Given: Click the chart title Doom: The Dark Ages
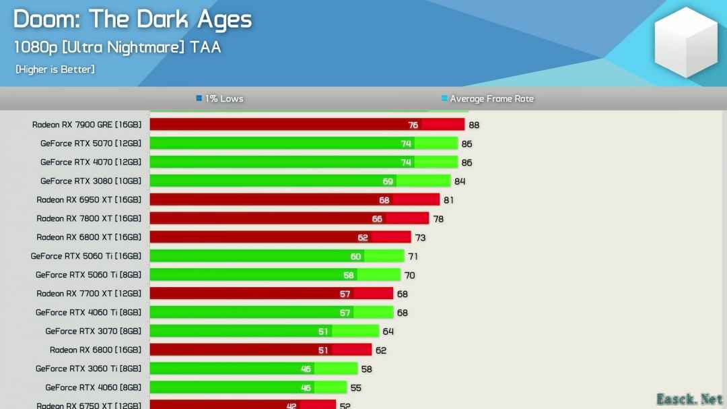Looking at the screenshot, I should point(133,20).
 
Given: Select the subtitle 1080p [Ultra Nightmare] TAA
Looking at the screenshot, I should point(117,47).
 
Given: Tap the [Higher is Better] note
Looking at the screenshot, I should point(55,69).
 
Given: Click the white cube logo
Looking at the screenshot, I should point(686,42).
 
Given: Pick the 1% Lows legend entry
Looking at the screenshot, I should point(219,98).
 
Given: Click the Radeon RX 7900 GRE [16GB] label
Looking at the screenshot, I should point(87,125).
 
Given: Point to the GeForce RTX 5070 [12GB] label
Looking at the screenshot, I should point(91,144).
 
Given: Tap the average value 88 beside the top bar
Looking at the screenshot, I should point(474,125).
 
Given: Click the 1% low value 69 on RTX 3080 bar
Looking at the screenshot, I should point(388,181).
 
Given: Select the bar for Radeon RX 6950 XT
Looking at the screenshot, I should point(294,199).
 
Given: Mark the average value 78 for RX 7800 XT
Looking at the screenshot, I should point(438,219).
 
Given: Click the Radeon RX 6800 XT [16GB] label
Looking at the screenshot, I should point(89,237).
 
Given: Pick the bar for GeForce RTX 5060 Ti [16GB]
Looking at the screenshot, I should point(277,256).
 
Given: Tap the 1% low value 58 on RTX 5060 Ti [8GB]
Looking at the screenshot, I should point(349,275).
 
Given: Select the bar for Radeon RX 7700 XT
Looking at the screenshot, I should point(271,294).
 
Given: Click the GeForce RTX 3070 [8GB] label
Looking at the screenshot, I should point(94,332).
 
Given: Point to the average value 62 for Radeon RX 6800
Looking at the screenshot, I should point(381,350).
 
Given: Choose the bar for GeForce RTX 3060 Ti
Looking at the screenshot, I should point(253,369).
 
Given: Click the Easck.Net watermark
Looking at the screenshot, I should point(690,399).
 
